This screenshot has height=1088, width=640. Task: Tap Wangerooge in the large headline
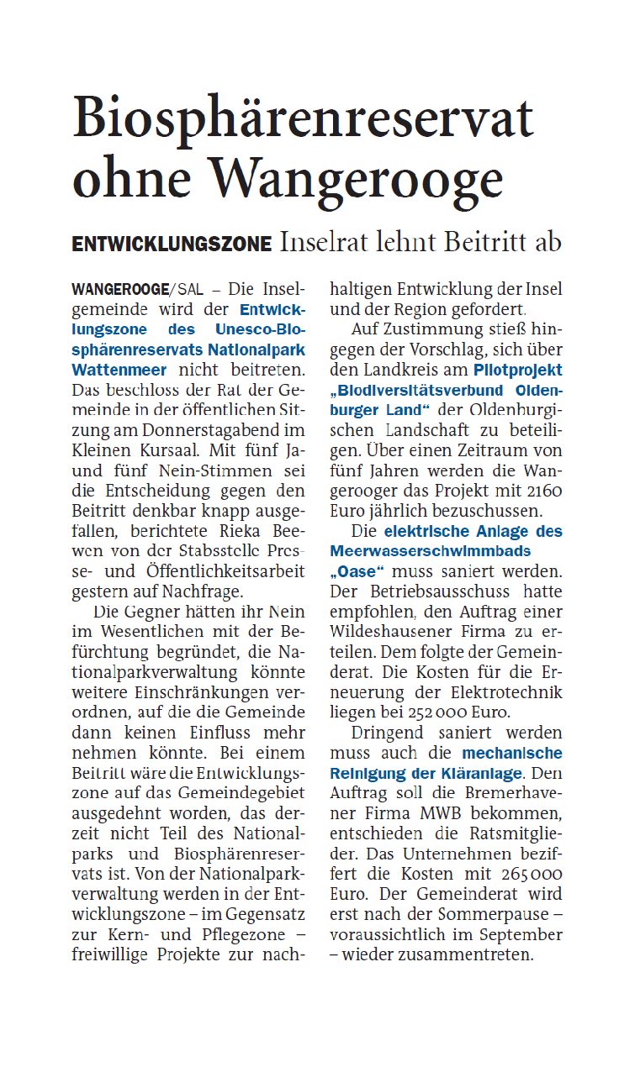tap(357, 178)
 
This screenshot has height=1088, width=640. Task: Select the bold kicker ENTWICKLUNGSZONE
tap(172, 244)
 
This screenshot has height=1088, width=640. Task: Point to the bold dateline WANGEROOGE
tap(120, 290)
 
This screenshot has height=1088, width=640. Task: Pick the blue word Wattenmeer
tap(119, 369)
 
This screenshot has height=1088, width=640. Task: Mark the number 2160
tap(541, 490)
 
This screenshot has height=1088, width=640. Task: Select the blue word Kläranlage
tap(480, 772)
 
